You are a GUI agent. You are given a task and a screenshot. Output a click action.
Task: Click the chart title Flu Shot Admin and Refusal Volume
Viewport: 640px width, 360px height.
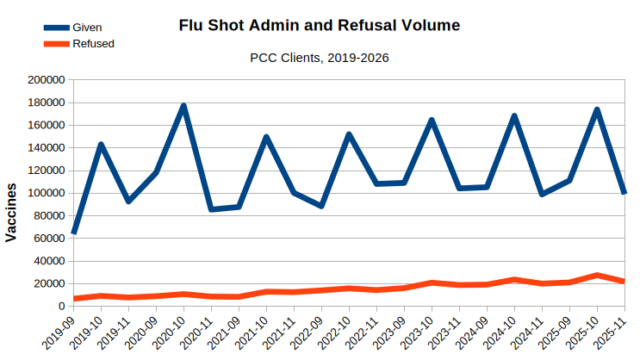pos(320,25)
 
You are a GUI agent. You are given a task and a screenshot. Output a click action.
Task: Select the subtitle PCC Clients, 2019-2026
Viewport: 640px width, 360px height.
pos(320,59)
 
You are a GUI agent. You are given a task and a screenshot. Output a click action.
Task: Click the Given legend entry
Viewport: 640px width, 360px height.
pos(87,28)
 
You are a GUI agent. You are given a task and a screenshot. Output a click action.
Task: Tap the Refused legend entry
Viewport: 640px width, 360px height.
pos(93,43)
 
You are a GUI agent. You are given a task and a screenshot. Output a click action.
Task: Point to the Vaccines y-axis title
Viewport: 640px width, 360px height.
pos(11,212)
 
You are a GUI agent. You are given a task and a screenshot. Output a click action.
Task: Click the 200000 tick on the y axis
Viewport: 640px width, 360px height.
pos(47,80)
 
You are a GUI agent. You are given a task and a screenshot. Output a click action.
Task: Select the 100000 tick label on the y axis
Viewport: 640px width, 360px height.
pos(47,193)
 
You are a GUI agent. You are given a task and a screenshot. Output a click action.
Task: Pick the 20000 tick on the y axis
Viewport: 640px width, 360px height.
pos(50,283)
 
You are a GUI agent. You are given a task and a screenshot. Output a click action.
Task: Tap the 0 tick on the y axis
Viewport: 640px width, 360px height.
pos(61,306)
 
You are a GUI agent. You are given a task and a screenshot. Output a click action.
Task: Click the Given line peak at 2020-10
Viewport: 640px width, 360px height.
pos(183,106)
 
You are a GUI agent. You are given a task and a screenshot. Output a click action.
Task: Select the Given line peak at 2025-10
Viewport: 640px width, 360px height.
pos(597,109)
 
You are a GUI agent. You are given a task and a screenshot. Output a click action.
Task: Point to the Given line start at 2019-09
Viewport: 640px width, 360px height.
pos(73,233)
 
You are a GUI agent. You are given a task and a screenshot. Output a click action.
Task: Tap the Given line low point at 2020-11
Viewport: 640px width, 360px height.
pos(211,209)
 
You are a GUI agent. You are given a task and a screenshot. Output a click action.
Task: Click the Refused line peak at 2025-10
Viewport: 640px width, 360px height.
pos(597,275)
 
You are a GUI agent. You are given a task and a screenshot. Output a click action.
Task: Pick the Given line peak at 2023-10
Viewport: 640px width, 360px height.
pos(432,120)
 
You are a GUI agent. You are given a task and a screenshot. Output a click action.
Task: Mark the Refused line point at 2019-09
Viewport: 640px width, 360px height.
pos(73,299)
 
